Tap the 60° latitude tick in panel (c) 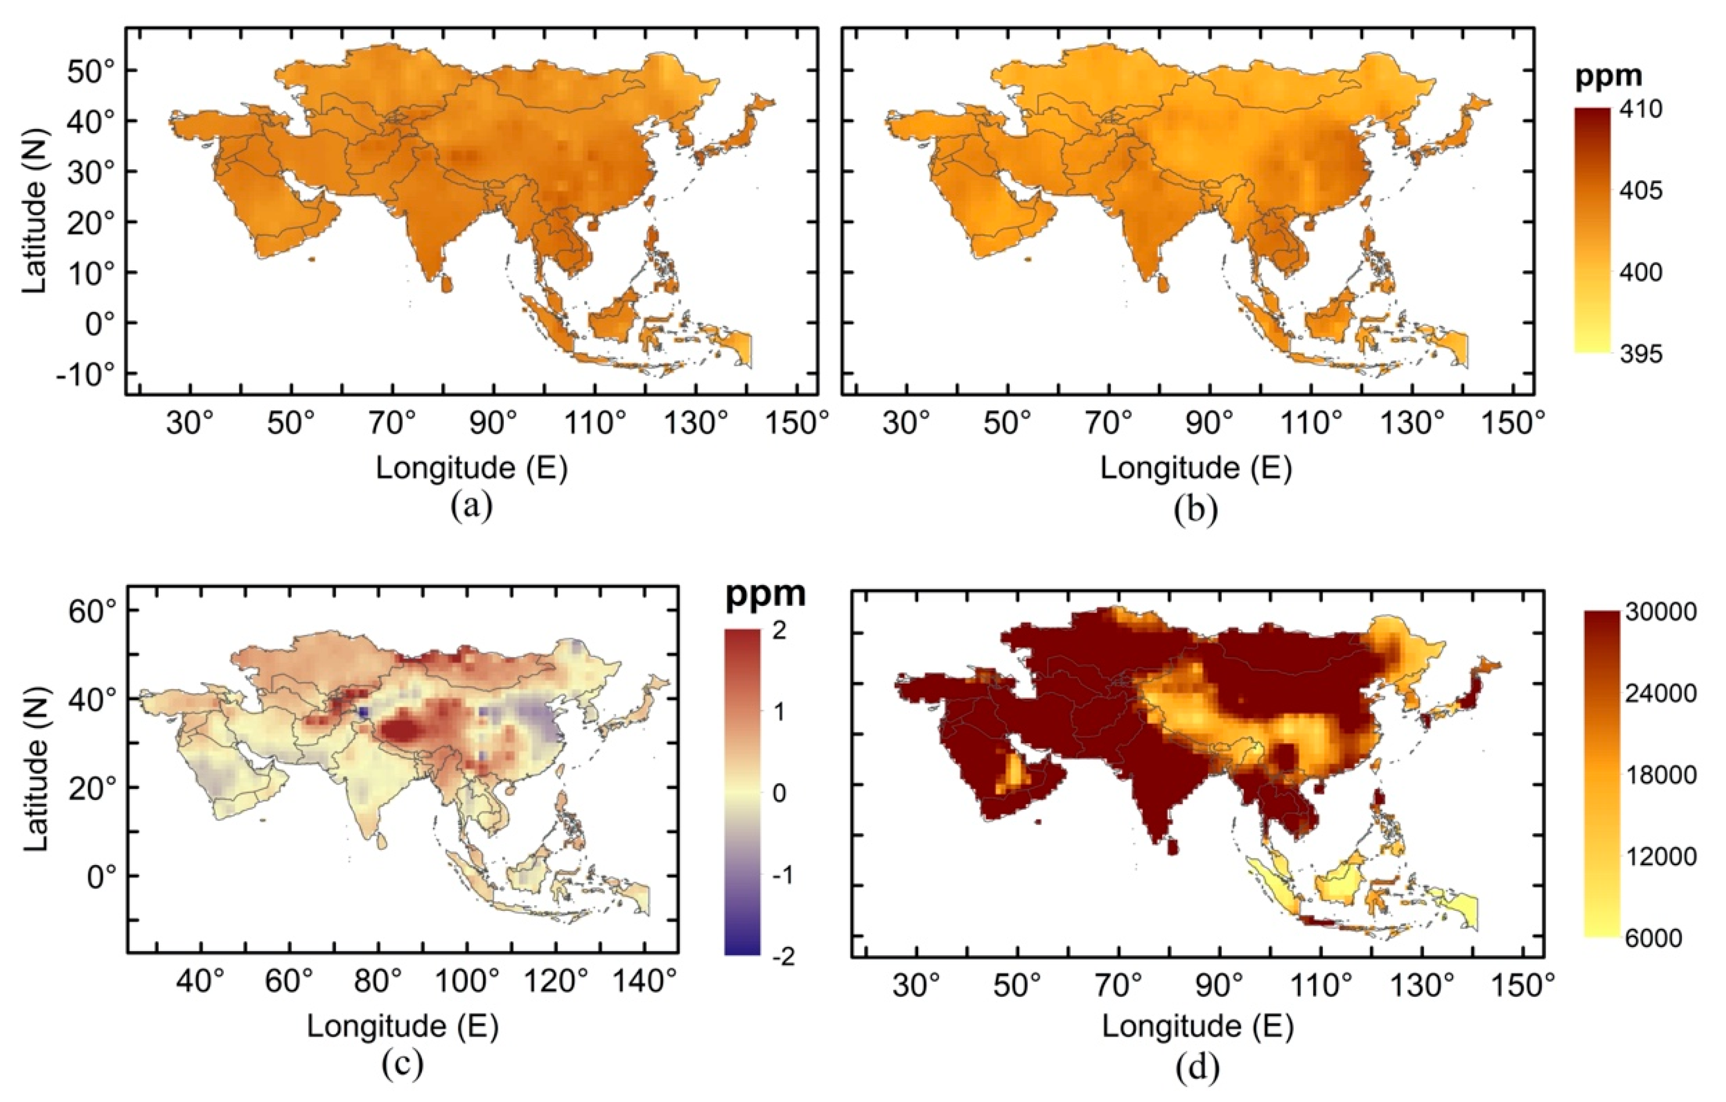tap(93, 611)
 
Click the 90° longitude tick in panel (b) tap(1209, 424)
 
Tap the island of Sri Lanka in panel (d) tap(1173, 847)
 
